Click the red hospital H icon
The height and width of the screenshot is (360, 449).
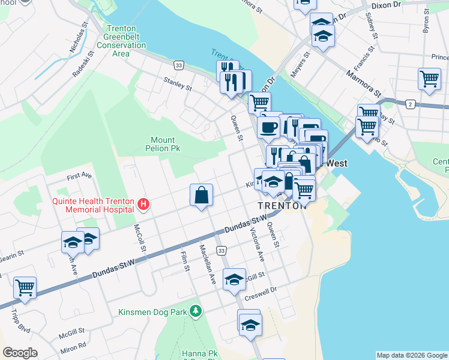coord(143,205)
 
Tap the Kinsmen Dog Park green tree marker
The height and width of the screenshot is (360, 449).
coord(195,311)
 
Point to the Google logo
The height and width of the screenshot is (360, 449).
coord(20,353)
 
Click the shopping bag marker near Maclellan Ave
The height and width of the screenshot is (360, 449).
coord(201,196)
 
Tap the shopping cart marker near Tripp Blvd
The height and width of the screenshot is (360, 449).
coord(25,288)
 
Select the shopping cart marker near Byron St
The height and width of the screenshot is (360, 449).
coord(429,79)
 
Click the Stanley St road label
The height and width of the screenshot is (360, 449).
coord(178,83)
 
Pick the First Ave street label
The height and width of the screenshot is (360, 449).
coord(79,176)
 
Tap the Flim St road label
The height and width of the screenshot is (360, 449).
coord(184,260)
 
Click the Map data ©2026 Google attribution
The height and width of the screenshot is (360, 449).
coord(412,355)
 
